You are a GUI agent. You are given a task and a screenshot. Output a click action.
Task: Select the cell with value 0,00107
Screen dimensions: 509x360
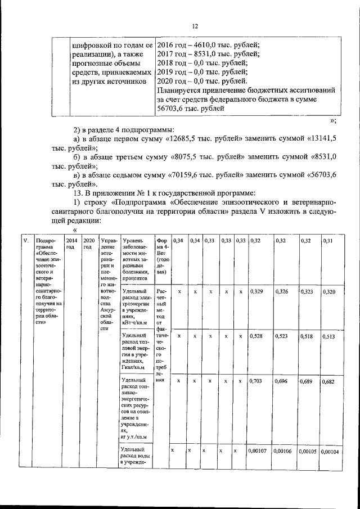pos(259,452)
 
